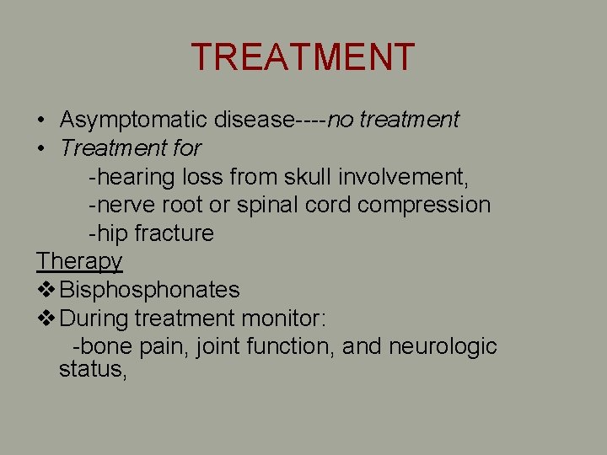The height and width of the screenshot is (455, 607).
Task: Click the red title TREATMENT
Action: pyautogui.click(x=303, y=57)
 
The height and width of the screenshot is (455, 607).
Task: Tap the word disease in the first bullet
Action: pyautogui.click(x=253, y=120)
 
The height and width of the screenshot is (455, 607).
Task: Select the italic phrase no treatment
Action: pyautogui.click(x=393, y=120)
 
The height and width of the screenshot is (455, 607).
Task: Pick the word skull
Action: pyautogui.click(x=308, y=177)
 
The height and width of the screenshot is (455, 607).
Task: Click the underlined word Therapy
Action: pyautogui.click(x=79, y=262)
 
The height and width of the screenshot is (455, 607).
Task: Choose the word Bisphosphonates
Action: pyautogui.click(x=150, y=290)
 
